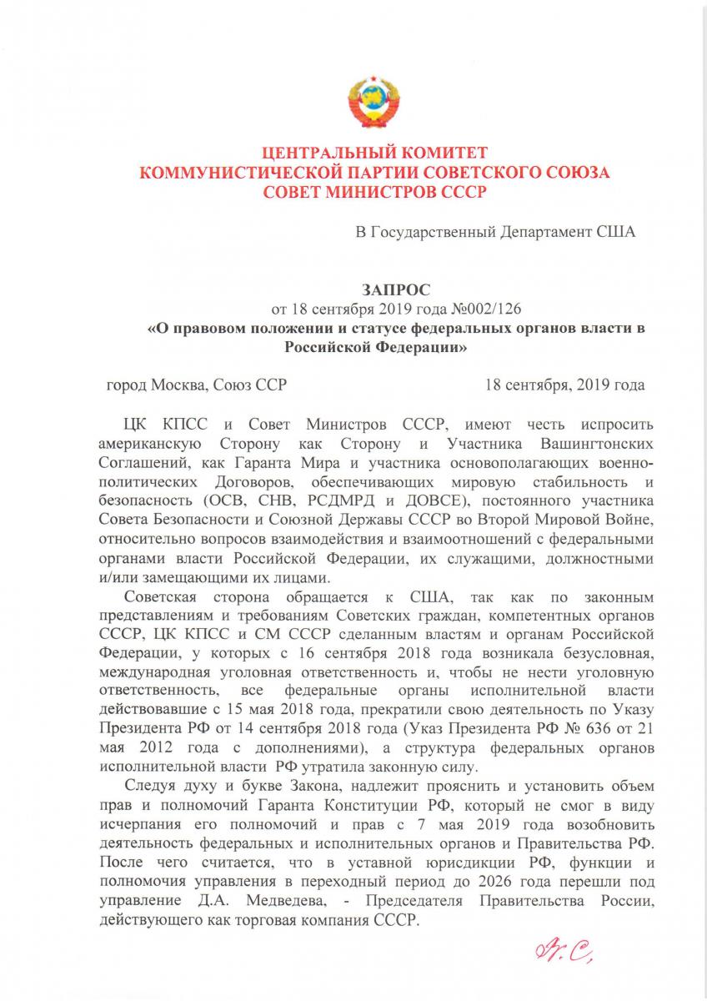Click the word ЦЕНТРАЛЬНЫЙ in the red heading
[328, 154]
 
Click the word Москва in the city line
[180, 386]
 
